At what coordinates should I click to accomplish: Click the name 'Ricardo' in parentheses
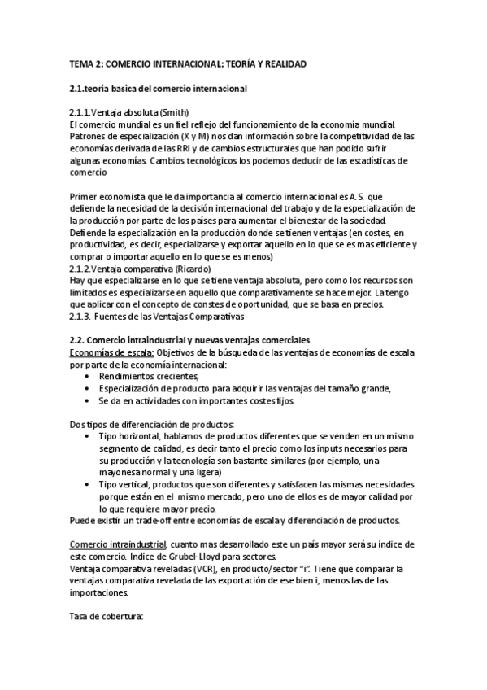(x=194, y=269)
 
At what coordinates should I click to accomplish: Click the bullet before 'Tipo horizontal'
(x=88, y=437)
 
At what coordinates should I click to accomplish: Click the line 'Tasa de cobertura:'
(x=107, y=617)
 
